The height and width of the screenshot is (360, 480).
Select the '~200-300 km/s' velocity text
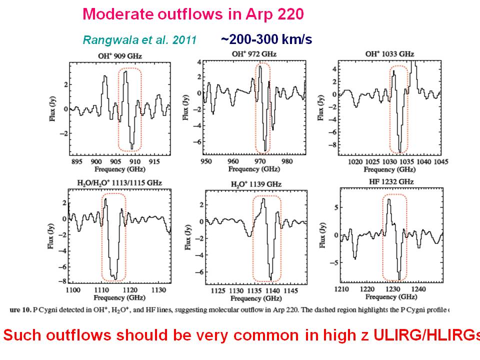point(266,39)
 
